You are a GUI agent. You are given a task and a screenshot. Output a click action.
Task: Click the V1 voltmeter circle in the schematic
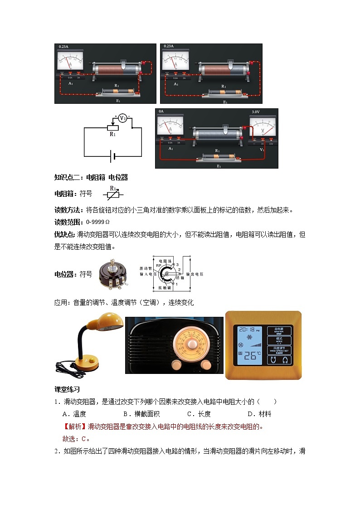(x=122, y=118)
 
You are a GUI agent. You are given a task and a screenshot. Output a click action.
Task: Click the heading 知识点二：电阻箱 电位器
(x=91, y=177)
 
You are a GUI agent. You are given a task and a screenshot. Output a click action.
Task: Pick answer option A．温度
(x=74, y=414)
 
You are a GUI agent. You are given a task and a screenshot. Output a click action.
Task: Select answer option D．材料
(x=259, y=414)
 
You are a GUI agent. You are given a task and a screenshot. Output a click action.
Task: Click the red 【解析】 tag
(x=74, y=427)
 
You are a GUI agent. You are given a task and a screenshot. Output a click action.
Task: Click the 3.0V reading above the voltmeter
(x=256, y=112)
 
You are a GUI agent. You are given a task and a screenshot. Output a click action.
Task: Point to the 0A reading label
(x=161, y=111)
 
